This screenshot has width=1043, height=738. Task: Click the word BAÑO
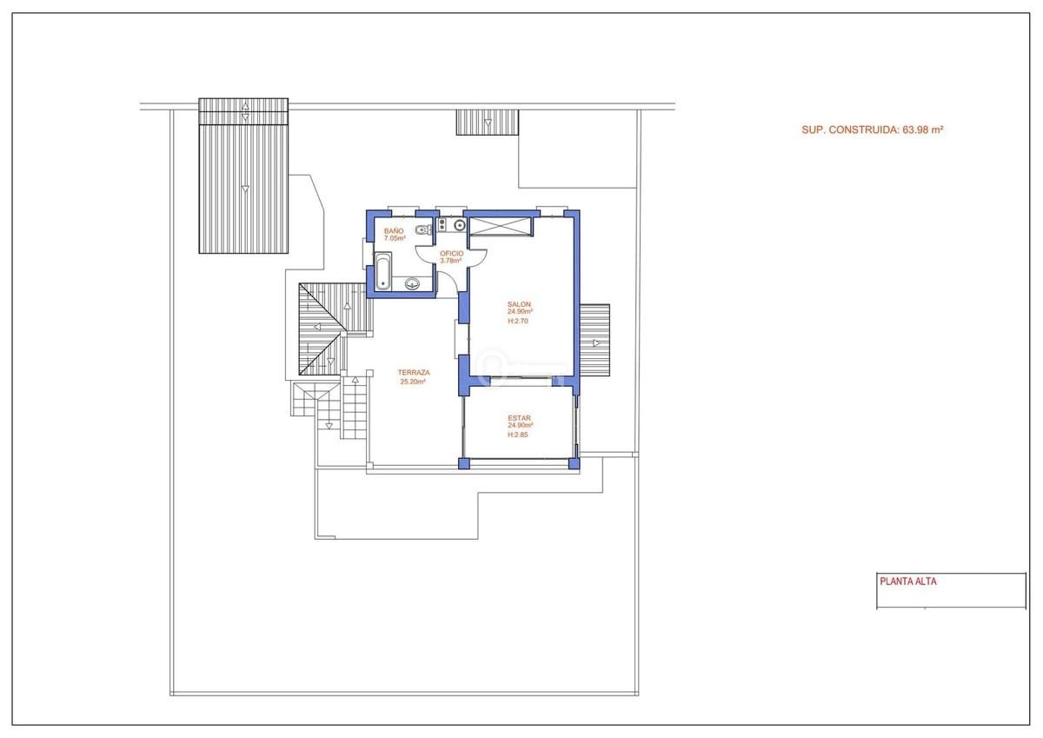394,231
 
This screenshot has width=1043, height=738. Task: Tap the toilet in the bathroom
424,229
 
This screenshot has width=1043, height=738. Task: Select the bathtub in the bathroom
382,271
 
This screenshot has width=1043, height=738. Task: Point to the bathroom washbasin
412,283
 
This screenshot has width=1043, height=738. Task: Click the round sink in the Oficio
460,226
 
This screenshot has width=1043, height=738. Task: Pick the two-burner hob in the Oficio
442,225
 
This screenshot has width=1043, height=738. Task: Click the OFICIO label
452,253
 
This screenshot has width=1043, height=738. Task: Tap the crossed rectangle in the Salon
500,226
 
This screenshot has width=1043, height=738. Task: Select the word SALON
519,304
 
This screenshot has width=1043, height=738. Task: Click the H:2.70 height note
518,321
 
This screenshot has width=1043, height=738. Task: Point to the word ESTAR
519,418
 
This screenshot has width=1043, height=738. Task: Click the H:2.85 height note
518,435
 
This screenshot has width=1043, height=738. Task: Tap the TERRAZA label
414,373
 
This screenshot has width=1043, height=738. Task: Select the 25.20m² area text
413,382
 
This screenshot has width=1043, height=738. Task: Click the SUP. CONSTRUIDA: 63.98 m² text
872,130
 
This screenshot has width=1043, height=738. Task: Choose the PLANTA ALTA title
908,581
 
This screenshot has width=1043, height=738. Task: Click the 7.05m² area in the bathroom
395,238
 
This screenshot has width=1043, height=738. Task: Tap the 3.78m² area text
451,261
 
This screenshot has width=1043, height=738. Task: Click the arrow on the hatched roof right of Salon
596,343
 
